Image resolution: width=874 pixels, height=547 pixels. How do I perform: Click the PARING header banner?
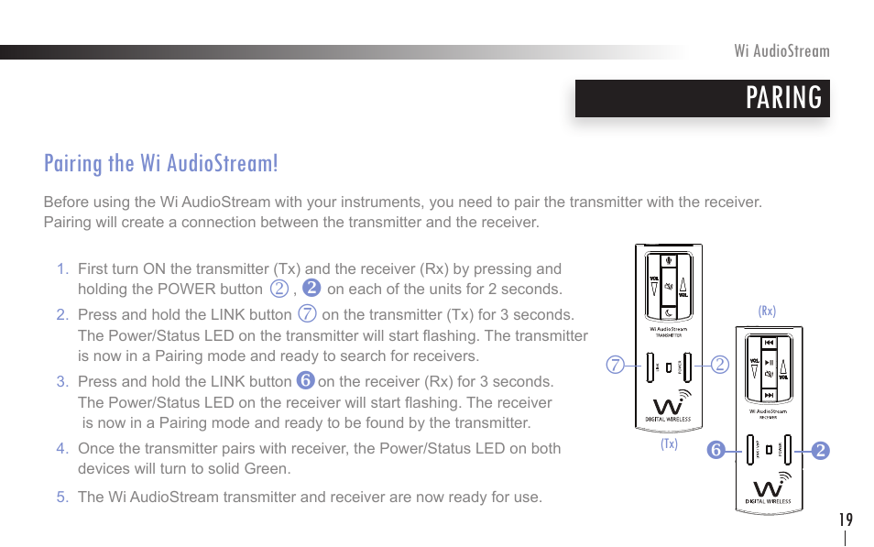(702, 98)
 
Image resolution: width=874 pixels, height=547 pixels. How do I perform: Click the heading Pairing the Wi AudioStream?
(160, 163)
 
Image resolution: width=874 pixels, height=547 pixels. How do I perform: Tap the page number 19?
(845, 520)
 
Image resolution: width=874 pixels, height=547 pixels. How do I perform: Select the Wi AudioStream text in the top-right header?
(781, 51)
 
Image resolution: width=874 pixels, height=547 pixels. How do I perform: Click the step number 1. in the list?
(62, 269)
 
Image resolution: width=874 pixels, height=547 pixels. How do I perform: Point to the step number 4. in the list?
(62, 449)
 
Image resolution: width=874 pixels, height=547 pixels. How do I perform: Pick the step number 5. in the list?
(62, 498)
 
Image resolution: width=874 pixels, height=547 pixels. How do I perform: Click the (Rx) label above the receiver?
(767, 312)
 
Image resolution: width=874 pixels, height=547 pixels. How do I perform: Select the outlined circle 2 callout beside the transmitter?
(720, 366)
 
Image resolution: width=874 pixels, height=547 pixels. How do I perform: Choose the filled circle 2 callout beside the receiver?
(820, 450)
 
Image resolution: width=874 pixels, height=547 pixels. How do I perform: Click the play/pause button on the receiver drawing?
(770, 363)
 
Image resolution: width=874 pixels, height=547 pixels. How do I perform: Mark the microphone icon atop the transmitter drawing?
(669, 257)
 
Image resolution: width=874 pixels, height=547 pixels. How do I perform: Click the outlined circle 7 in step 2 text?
(308, 314)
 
